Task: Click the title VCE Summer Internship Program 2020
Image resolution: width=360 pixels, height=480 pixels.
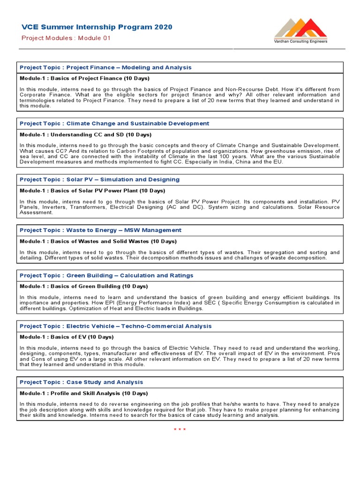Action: point(97,27)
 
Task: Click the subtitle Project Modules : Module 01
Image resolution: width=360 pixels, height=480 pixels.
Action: point(66,38)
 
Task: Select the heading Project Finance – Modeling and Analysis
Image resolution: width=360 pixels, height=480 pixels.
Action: point(105,67)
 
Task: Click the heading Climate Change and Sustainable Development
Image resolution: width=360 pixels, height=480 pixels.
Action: point(114,124)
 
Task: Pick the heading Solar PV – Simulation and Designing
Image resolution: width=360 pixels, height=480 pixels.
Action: point(99,180)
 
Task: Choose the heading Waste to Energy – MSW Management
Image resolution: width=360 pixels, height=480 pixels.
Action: point(100,230)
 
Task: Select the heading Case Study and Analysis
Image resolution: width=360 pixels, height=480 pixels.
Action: point(82,382)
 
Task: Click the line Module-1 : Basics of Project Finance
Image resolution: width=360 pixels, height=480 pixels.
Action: point(84,78)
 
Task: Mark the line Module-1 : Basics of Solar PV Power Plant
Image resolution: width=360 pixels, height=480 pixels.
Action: point(92,191)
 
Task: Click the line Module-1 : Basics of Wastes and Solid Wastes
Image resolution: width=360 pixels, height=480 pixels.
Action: point(98,241)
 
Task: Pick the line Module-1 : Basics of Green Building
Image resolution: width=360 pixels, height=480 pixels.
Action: point(83,286)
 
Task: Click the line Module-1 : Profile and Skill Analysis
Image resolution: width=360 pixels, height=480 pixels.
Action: point(83,393)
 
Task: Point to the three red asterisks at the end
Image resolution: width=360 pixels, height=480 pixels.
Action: point(180,429)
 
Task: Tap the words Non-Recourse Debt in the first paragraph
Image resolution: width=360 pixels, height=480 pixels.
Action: point(251,89)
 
